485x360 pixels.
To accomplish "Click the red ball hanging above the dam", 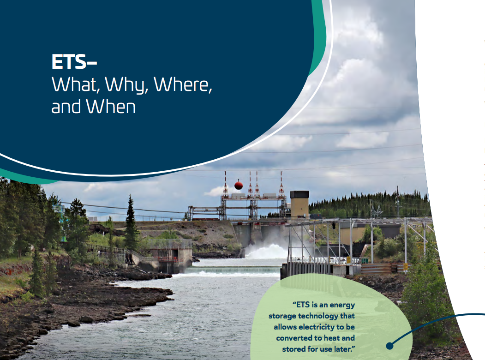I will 239,185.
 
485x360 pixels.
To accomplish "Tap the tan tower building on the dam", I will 299,203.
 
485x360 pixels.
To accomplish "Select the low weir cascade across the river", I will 233,270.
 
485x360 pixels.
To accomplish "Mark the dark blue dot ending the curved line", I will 389,345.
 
